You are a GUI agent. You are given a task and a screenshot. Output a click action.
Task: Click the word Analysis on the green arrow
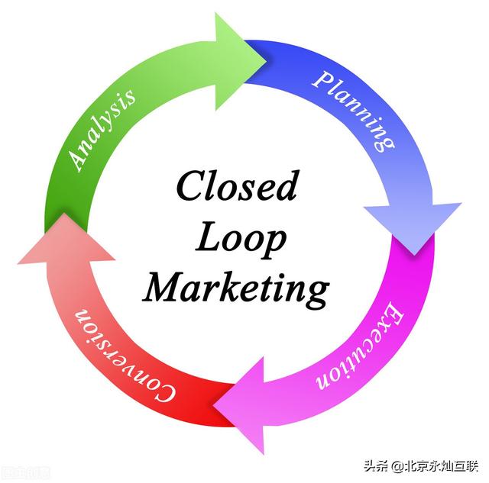point(102,128)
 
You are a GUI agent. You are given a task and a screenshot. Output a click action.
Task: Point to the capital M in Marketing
point(163,288)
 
